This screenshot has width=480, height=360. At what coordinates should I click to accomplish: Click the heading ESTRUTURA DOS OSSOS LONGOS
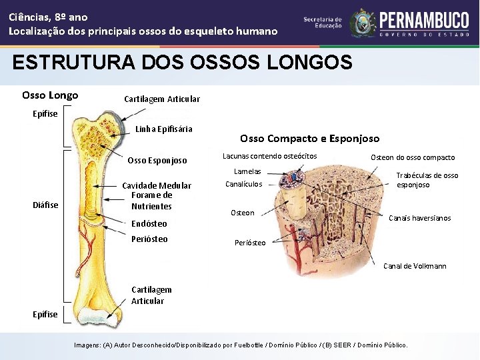coord(182,63)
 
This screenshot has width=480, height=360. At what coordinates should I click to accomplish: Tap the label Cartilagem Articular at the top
coord(162,99)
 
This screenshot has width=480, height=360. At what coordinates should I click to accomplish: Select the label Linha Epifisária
coord(163,129)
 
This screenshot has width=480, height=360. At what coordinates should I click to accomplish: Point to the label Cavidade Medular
coord(157,185)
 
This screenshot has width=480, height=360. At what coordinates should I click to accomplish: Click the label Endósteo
coord(149,224)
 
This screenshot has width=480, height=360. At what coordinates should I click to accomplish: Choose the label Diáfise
coord(45,205)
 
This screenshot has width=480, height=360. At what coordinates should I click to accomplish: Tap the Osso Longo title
coord(50,95)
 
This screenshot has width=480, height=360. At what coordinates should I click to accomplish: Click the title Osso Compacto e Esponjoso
coord(309,139)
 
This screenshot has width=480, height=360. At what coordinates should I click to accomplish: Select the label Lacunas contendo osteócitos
coord(269,157)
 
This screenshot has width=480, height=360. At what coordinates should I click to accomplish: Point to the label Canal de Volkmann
coord(415,267)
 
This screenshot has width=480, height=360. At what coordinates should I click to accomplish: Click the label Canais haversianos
coord(419,218)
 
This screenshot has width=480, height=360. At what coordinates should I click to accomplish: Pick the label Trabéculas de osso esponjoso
coord(427,180)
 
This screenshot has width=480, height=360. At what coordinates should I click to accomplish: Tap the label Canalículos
coord(244,185)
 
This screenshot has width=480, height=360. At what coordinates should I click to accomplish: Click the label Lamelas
coord(247,172)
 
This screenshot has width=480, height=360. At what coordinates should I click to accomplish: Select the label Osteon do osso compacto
coord(413,157)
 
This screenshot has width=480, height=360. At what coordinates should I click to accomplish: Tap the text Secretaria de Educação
coord(323,23)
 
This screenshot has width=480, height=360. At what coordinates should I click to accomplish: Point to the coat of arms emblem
coord(363,23)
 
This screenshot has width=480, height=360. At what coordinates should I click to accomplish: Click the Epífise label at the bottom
coord(45,315)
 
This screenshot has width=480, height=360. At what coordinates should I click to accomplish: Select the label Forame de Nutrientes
coord(151,201)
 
